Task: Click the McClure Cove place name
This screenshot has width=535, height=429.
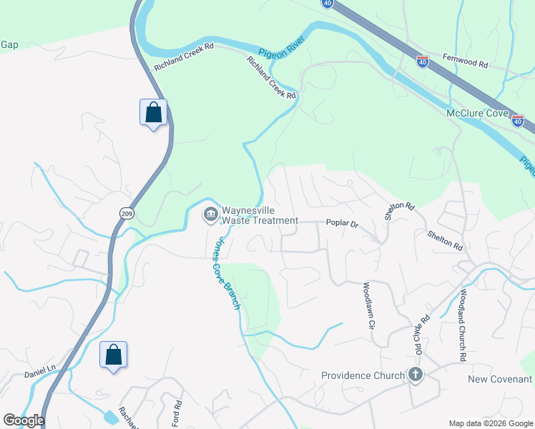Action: tap(476, 114)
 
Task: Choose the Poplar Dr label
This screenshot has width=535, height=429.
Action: tap(342, 223)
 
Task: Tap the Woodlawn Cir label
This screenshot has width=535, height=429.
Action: tap(369, 305)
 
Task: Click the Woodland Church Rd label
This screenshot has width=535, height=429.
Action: tap(463, 324)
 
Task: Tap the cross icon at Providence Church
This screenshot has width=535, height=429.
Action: tap(415, 375)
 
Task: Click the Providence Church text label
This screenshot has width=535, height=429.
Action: tap(363, 375)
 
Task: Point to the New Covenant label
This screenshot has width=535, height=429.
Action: tap(501, 379)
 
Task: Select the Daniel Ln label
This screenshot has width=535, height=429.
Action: tap(40, 369)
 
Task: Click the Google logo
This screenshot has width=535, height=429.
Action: tap(23, 420)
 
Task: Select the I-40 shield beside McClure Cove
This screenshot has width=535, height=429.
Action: tap(517, 121)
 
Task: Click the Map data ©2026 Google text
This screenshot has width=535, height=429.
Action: tap(491, 423)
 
